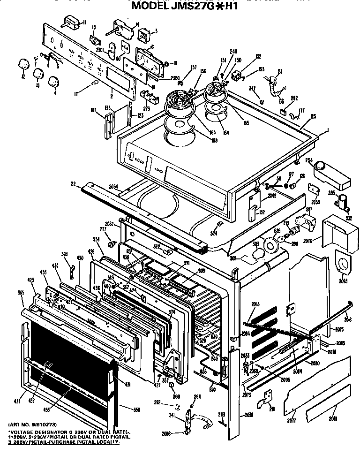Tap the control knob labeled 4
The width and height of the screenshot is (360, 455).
[55, 83]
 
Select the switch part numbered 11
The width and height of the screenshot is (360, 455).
[72, 21]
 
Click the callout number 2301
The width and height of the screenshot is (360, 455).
[99, 50]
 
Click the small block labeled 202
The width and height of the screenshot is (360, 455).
[283, 112]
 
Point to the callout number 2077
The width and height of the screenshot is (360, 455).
[292, 416]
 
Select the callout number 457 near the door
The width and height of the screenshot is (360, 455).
[17, 401]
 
